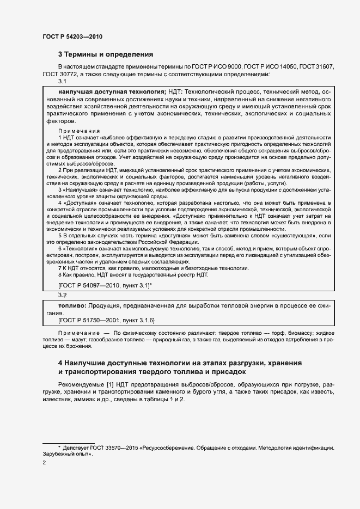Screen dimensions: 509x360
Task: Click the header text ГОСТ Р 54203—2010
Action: pyautogui.click(x=72, y=37)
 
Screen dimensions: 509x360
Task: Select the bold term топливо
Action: pyautogui.click(x=64, y=306)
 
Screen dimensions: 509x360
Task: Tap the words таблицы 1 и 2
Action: pyautogui.click(x=166, y=400)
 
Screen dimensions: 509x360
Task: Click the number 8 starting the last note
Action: pyautogui.click(x=60, y=275)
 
